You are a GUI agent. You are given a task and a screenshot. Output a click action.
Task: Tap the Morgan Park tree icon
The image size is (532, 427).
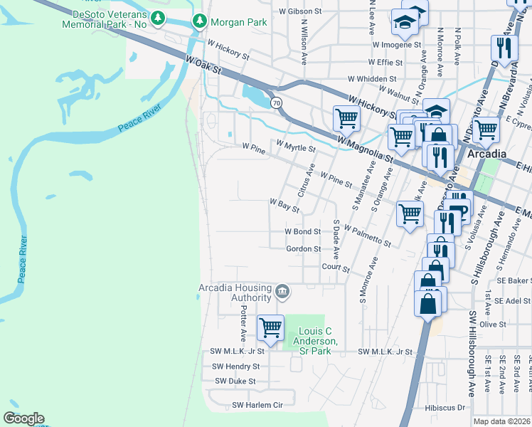click(x=198, y=22)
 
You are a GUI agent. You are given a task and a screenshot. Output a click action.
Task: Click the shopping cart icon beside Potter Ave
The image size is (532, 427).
click(x=270, y=328)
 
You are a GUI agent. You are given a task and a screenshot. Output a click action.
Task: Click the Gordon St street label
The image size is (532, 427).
click(x=303, y=249)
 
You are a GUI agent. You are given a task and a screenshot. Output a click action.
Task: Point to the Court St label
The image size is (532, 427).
click(x=336, y=269)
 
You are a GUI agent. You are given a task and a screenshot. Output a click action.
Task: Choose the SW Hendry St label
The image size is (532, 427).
click(x=235, y=367)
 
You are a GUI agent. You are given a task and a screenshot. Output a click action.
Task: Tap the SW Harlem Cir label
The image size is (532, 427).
click(x=257, y=405)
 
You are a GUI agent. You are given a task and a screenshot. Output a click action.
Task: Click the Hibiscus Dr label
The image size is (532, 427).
click(x=445, y=408)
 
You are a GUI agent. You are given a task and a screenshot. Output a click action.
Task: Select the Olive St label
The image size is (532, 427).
click(x=492, y=324)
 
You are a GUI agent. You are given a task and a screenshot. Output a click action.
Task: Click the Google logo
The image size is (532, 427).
click(x=23, y=418)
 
